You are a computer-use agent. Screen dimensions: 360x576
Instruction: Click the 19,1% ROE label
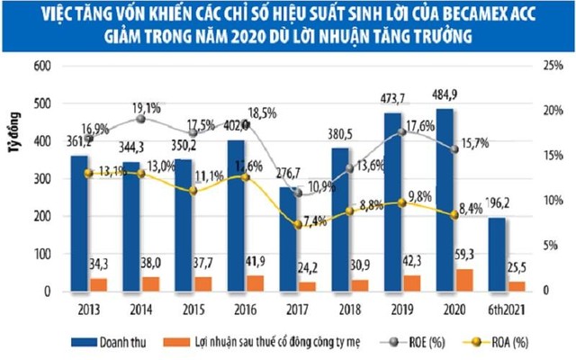pyautogui.click(x=148, y=118)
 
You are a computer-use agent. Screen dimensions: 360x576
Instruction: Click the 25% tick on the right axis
pyautogui.click(x=547, y=67)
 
